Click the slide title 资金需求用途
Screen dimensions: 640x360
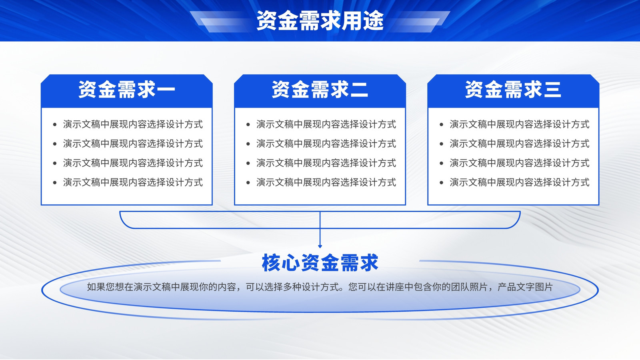[x=320, y=20]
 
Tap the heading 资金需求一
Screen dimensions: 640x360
[x=126, y=90]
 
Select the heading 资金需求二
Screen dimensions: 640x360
[x=320, y=90]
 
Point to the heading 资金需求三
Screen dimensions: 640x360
[x=513, y=90]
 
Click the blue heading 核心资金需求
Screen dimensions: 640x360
[x=320, y=262]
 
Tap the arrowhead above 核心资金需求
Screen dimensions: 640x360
[x=320, y=246]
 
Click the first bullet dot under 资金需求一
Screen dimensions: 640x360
[x=55, y=124]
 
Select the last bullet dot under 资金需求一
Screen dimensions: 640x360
[x=55, y=182]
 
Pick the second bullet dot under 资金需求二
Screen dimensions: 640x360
[x=248, y=144]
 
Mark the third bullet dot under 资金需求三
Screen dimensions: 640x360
[x=442, y=163]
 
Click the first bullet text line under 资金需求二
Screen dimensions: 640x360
[x=326, y=124]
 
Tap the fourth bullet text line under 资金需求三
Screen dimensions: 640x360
[x=520, y=182]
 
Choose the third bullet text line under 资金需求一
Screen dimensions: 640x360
[x=133, y=163]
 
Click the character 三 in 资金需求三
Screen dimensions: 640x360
[x=552, y=90]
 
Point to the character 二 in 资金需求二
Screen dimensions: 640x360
[x=359, y=90]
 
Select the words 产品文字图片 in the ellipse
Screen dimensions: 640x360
[x=525, y=287]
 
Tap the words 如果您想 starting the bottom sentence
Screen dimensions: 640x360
[x=106, y=287]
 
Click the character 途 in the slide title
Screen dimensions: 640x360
[x=374, y=20]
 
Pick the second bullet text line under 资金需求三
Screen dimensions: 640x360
[x=520, y=144]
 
